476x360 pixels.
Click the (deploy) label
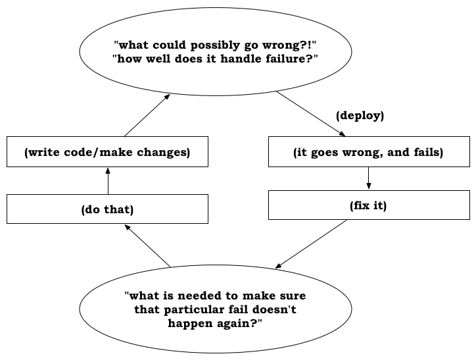[x=360, y=116]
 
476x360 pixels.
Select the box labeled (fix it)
[x=369, y=205]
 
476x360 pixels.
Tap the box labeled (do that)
[x=107, y=209]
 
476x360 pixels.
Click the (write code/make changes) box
[x=107, y=151]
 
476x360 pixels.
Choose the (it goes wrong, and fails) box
[x=369, y=151]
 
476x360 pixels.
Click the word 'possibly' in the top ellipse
[x=215, y=45]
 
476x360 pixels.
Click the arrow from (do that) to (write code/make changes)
[x=108, y=181]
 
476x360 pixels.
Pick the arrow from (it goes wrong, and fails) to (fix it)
[x=369, y=178]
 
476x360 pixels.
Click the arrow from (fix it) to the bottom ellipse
[x=311, y=244]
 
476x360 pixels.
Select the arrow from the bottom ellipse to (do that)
[x=147, y=246]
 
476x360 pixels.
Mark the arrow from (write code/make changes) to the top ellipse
[x=147, y=115]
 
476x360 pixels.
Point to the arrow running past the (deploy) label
[x=311, y=114]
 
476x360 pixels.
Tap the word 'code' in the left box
[x=78, y=152]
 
